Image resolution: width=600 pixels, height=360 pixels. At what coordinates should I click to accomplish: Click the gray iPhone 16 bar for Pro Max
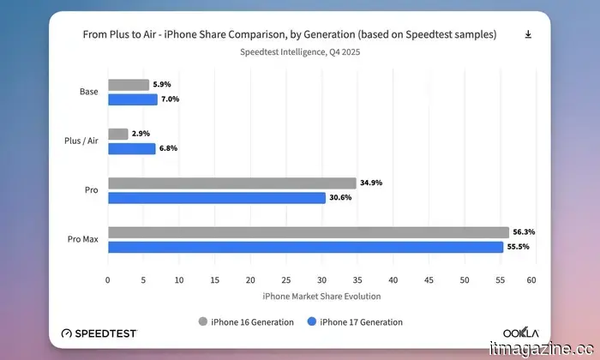pos(309,232)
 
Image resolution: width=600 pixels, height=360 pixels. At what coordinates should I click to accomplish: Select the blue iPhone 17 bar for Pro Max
pos(305,247)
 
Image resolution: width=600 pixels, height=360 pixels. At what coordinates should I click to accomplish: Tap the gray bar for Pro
pos(231,183)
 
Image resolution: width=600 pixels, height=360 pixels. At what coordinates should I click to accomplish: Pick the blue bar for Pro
pos(217,197)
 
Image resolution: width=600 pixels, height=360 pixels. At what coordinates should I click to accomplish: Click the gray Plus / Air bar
pos(117,134)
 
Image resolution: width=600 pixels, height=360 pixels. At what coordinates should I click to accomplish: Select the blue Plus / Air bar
pos(131,148)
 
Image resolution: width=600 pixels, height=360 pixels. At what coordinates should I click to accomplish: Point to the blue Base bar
pos(132,99)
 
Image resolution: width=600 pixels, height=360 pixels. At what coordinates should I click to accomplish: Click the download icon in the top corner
pos(528,34)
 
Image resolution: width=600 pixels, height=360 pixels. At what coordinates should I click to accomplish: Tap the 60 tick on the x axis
pos(531,279)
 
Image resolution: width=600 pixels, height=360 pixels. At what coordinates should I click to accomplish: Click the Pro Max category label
pos(84,240)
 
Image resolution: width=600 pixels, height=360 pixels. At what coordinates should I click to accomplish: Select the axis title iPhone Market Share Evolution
pos(321,297)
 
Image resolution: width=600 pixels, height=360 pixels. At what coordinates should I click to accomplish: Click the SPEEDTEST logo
pos(99,333)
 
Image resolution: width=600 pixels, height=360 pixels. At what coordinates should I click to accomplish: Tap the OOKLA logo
pos(520,333)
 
